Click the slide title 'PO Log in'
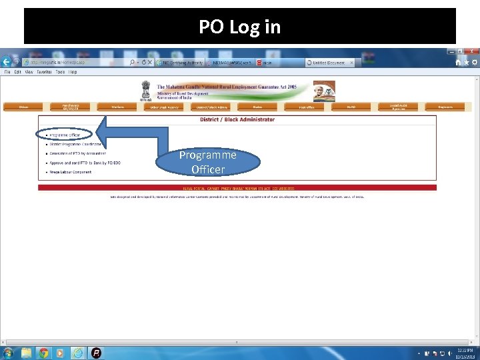click(x=239, y=27)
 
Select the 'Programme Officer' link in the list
click(x=65, y=135)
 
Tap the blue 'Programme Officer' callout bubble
click(x=208, y=162)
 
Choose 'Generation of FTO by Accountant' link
click(x=77, y=153)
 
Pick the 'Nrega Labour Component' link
click(x=71, y=172)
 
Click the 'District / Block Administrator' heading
click(x=237, y=120)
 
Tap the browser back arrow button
click(x=7, y=61)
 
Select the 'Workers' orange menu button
click(x=118, y=107)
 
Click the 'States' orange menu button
click(x=257, y=107)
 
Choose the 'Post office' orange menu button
click(x=306, y=107)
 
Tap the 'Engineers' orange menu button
click(x=445, y=107)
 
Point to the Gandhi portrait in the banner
click(x=324, y=91)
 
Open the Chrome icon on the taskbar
click(x=43, y=353)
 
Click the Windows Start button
click(x=9, y=353)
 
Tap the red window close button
click(x=471, y=51)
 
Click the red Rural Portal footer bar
click(x=237, y=189)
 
